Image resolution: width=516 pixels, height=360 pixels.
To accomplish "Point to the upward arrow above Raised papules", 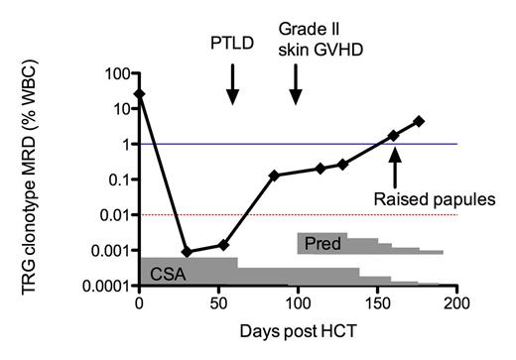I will pos(395,167).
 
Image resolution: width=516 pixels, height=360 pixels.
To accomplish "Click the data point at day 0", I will pos(140,93).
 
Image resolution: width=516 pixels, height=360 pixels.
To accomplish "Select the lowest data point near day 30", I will pos(187,252).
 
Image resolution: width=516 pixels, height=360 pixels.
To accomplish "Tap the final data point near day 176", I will pos(419,121).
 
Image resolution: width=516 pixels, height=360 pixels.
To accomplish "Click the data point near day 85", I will pos(274,176).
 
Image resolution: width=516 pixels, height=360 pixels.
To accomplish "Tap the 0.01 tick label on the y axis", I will pos(109,215).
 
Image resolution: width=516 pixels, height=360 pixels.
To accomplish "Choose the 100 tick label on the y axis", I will pos(113,73).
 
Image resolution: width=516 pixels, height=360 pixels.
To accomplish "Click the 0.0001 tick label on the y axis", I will pos(102,286).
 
